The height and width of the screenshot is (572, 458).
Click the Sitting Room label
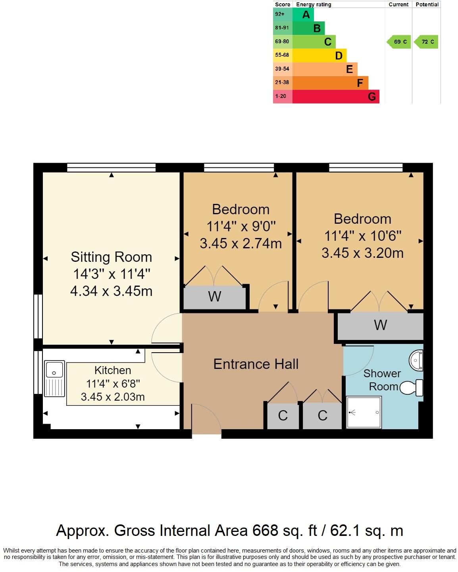pos(111,257)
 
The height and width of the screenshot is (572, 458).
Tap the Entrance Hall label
pos(256,364)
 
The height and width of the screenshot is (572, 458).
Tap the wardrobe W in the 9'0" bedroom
pos(214,297)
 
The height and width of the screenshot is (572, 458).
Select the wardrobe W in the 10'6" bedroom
pos(380,325)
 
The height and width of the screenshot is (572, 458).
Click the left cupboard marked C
pos(283,416)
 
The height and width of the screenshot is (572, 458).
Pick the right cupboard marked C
pos(322,416)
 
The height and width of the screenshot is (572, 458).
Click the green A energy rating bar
pos(303,15)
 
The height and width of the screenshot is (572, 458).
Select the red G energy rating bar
pos(336,96)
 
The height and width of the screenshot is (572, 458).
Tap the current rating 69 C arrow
pos(399,42)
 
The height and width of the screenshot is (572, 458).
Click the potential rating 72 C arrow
pos(427,42)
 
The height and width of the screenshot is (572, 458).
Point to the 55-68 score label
pos(282,55)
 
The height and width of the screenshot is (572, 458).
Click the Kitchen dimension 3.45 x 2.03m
pos(113,397)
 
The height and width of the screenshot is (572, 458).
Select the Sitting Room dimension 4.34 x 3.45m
pos(111,291)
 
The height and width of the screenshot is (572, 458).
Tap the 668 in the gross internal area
pos(265,530)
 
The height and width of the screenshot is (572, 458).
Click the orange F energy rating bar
pos(330,83)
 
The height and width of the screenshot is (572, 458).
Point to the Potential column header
pos(427,4)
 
